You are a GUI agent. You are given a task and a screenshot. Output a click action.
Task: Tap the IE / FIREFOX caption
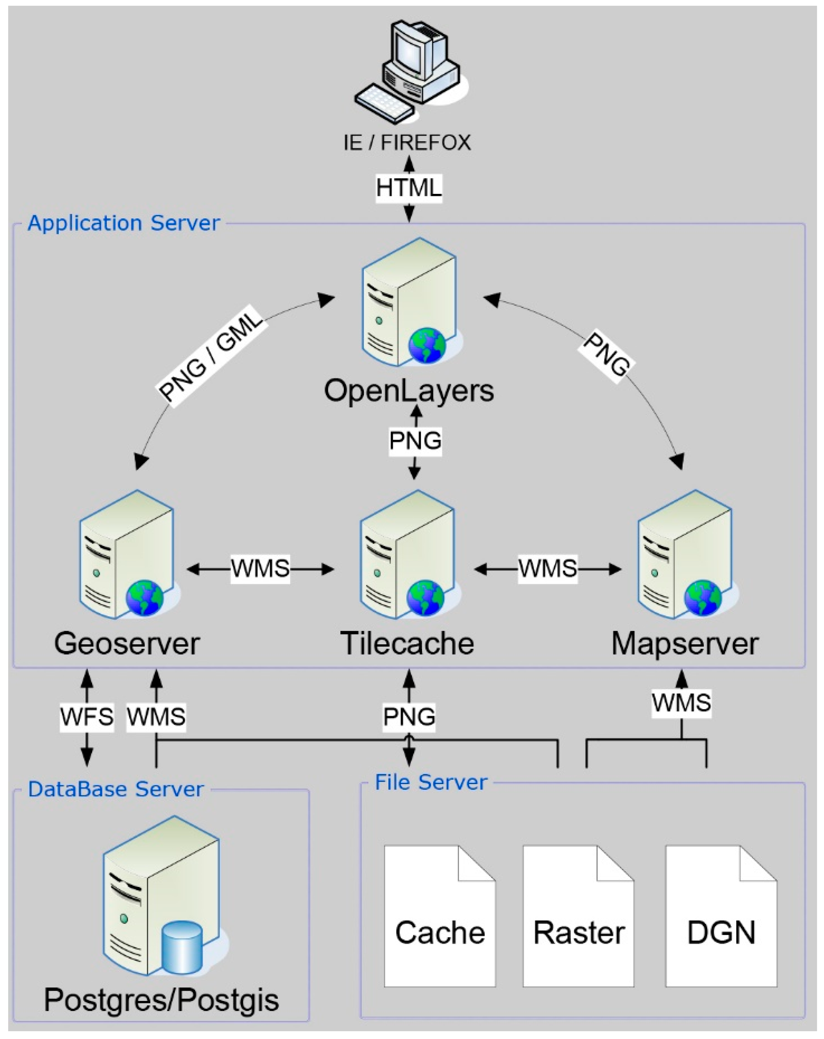407,143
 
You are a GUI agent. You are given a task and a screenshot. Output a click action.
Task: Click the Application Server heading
123,223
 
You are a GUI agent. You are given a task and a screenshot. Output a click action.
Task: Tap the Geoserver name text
127,643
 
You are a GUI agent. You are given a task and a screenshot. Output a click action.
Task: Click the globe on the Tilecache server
425,598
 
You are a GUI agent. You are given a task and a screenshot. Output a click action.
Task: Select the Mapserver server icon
685,554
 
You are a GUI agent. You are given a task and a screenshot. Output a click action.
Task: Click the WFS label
87,716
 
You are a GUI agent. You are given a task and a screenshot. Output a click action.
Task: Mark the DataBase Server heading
116,789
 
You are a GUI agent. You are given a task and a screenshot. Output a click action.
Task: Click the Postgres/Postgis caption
161,1000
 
